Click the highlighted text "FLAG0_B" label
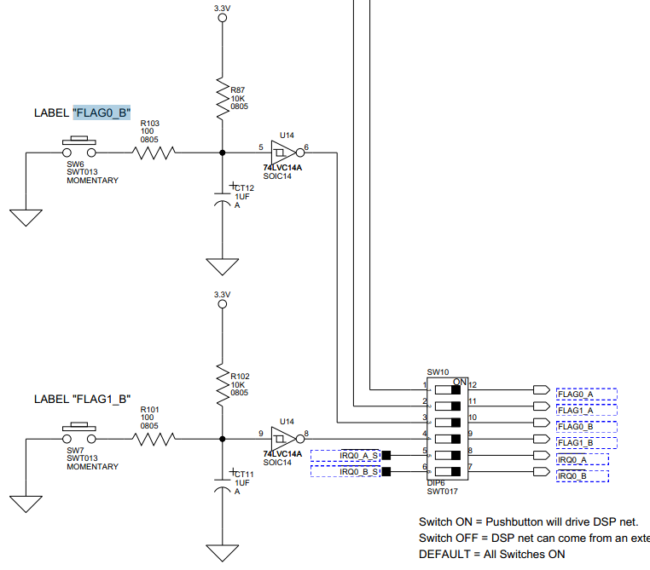(102, 112)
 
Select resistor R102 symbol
(223, 384)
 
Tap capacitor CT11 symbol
(223, 483)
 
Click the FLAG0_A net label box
(585, 394)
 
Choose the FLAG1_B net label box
(585, 443)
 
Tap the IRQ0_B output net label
(584, 475)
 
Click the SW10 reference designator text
(437, 371)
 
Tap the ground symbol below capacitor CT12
(223, 267)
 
